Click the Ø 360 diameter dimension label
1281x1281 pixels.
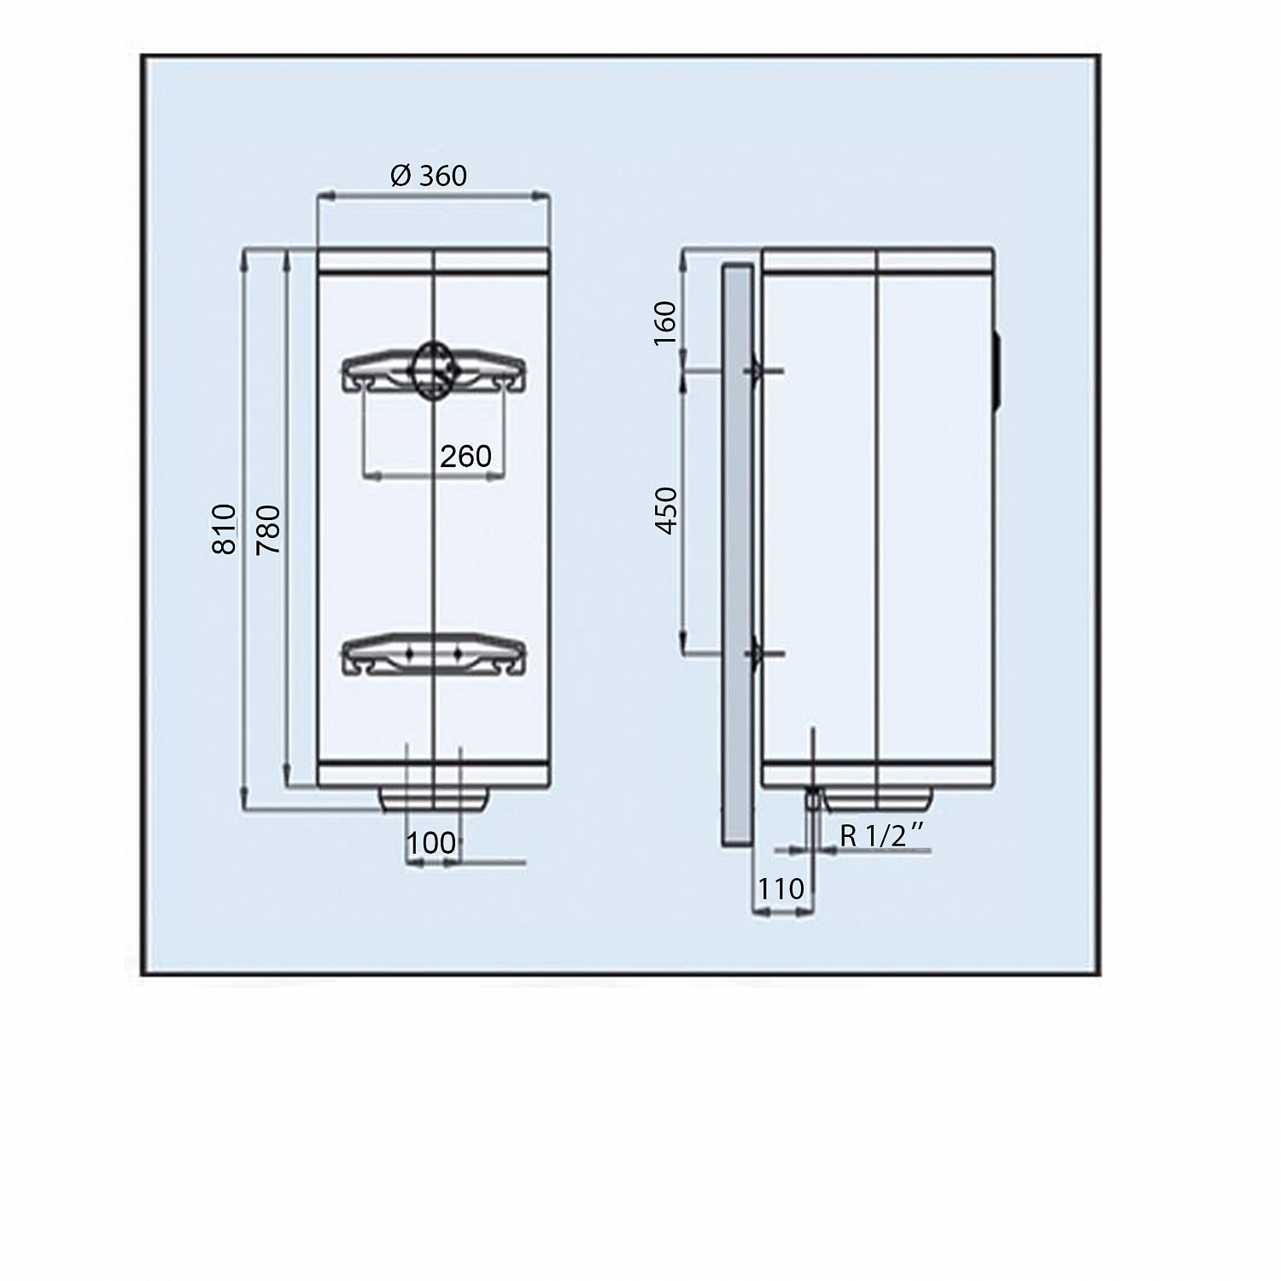click(429, 175)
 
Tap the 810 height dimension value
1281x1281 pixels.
click(224, 529)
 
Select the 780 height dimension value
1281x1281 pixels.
click(268, 529)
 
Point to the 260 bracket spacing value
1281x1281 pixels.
click(465, 456)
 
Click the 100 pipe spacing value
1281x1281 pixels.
click(431, 843)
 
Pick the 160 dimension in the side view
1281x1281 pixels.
click(664, 323)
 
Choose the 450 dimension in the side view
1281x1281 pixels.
click(665, 511)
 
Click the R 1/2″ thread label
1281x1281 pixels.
click(883, 835)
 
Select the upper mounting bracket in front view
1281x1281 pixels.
click(434, 374)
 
